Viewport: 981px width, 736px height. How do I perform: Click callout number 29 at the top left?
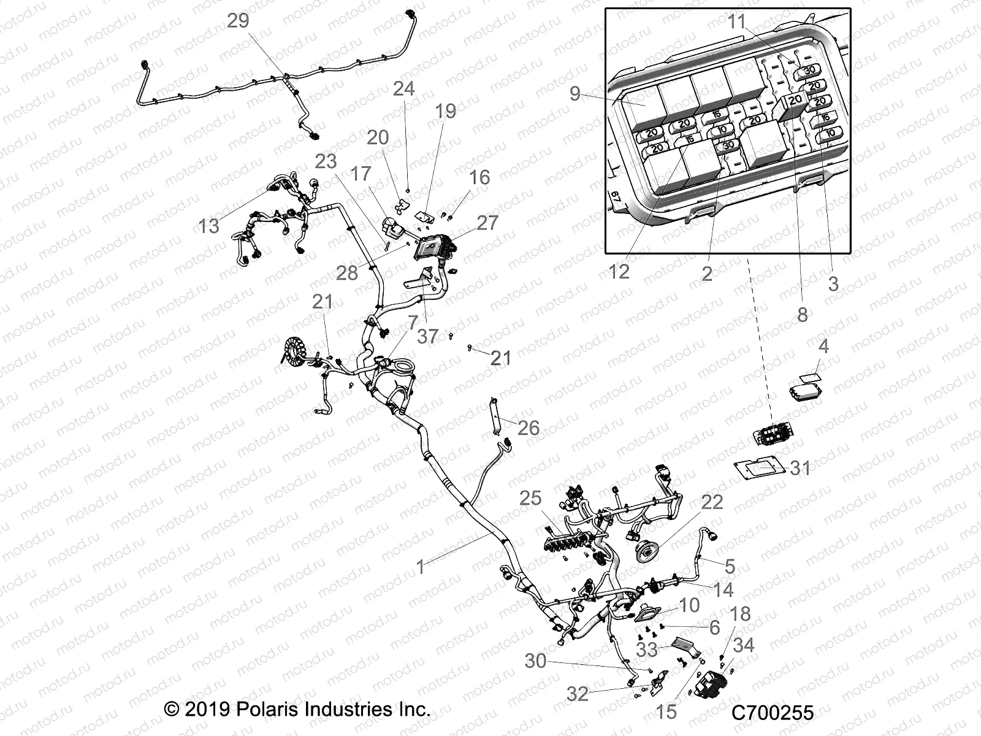coord(238,21)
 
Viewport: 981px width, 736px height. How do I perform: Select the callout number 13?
coord(208,226)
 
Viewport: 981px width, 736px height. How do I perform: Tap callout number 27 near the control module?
coord(487,223)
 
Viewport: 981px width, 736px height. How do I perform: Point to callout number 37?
coord(428,336)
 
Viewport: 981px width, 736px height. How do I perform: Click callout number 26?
coord(529,427)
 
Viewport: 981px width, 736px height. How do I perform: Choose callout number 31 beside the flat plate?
coord(800,469)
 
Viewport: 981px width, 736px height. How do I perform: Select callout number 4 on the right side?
coord(823,347)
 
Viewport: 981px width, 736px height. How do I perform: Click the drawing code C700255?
coord(772,713)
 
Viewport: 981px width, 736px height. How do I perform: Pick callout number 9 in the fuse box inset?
coord(574,93)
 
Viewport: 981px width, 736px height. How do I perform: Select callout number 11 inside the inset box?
coord(736,21)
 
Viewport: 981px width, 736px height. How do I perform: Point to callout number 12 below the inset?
coord(619,272)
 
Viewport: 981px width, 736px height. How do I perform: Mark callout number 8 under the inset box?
coord(802,315)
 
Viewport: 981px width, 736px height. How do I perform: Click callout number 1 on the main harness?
coord(421,567)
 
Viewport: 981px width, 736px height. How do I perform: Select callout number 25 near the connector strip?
coord(531,498)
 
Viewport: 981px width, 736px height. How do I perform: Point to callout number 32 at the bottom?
coord(578,694)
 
